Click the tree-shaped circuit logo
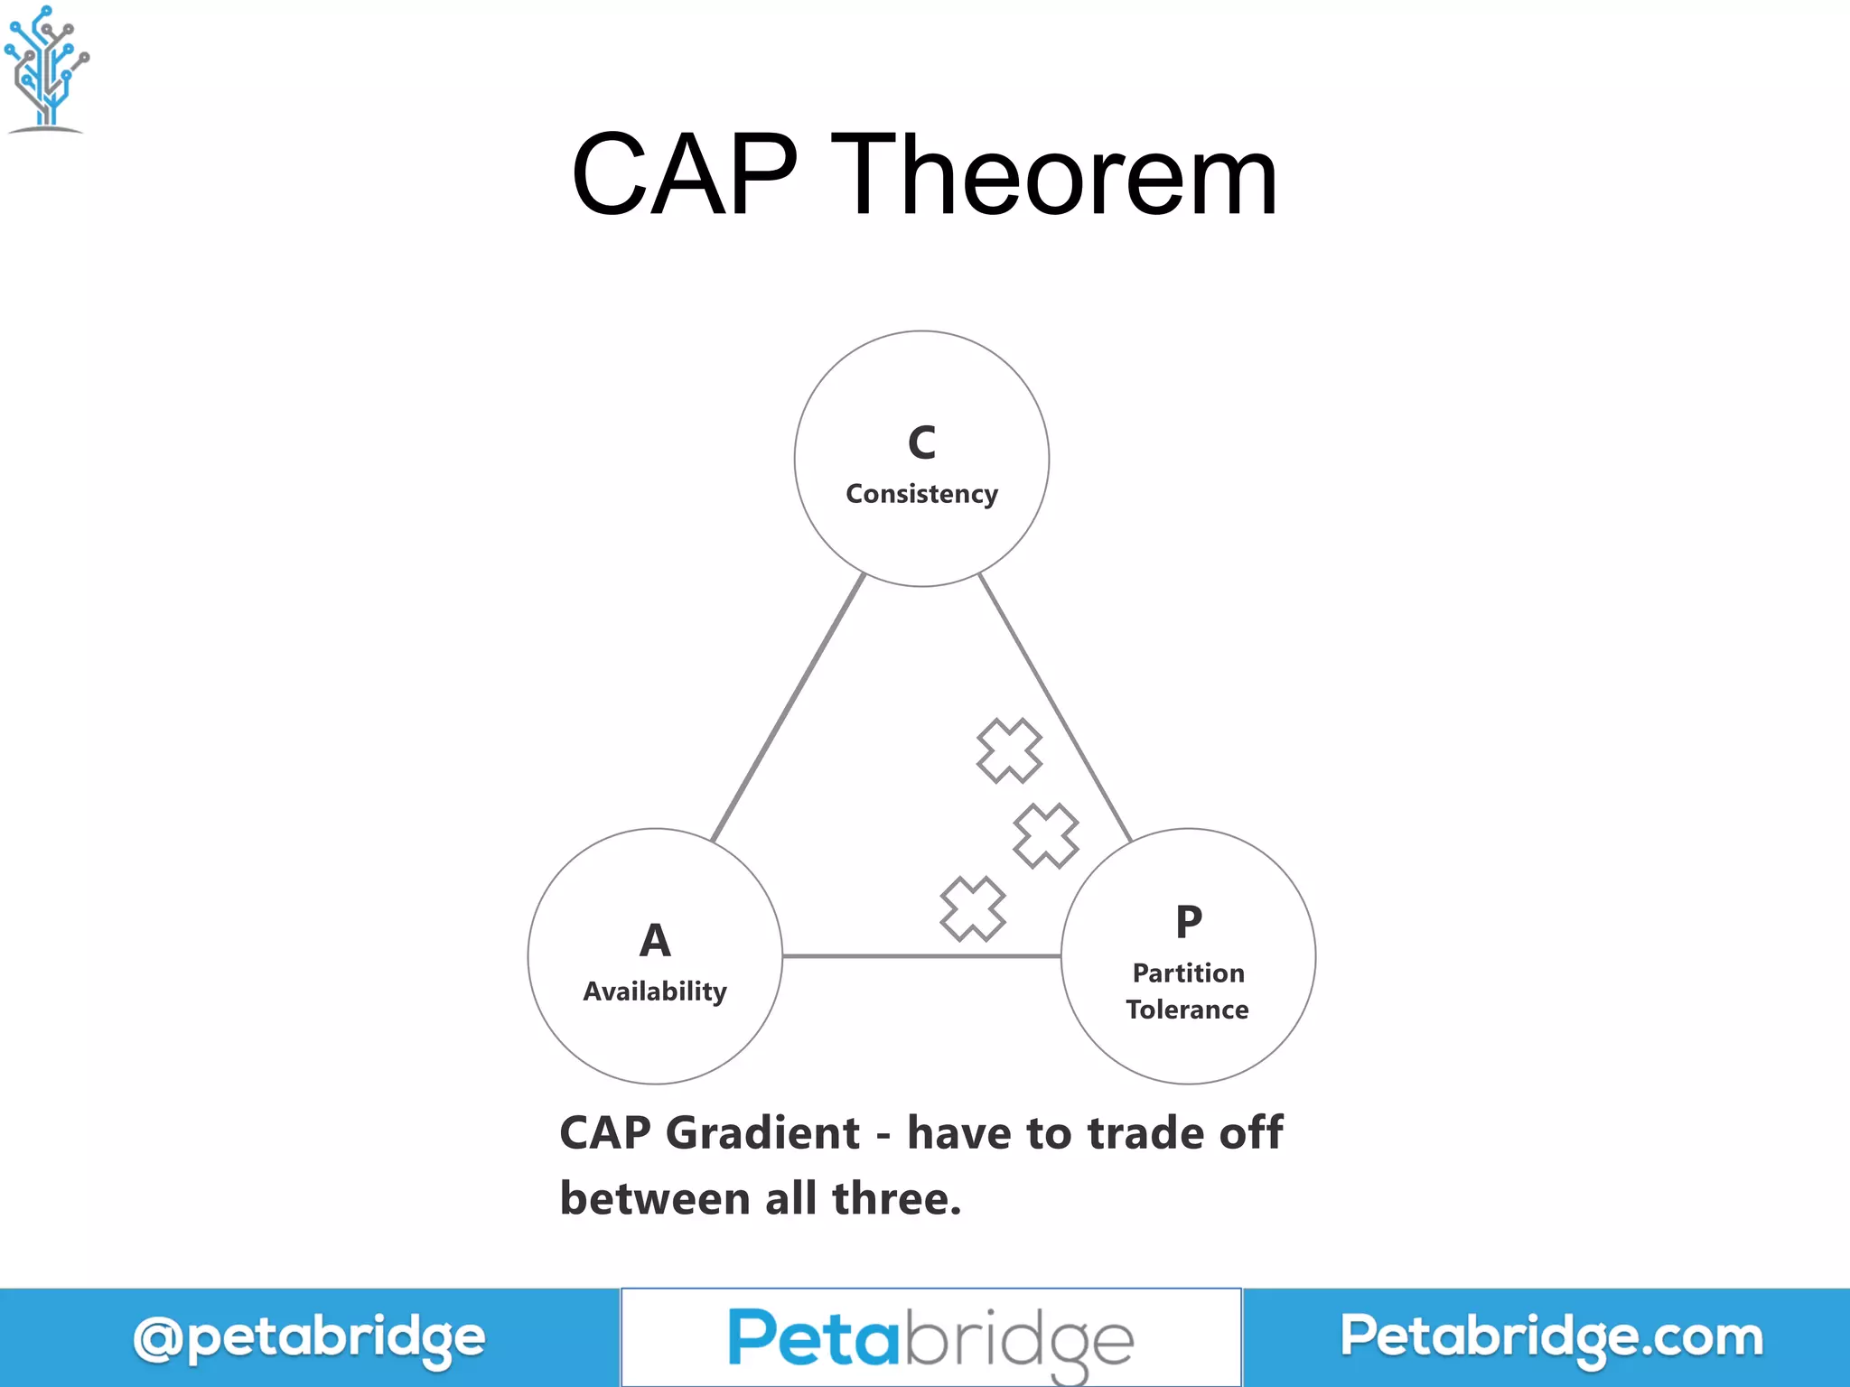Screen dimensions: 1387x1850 (47, 69)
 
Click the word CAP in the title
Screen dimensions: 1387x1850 (685, 175)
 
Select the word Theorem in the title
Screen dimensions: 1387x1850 (1053, 175)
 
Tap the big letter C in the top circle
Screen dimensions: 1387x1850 (921, 442)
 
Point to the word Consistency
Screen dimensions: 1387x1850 (921, 494)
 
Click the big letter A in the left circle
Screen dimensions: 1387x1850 (655, 940)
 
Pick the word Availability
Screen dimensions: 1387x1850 (655, 991)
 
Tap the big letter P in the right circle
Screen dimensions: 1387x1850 (1189, 922)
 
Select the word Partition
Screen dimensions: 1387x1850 (1189, 973)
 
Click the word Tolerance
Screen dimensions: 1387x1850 (1187, 1010)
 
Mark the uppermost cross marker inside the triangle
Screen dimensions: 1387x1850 (1009, 750)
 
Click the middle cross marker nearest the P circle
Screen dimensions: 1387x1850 (1046, 836)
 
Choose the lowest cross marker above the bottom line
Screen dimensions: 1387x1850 (973, 908)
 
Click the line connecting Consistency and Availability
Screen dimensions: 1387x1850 (788, 708)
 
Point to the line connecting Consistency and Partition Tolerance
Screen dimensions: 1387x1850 (1055, 708)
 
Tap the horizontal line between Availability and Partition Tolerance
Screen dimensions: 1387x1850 (921, 955)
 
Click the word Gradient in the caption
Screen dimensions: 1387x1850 (762, 1133)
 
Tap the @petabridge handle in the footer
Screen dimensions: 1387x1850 (309, 1338)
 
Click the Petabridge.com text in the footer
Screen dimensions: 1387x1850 (1551, 1336)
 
